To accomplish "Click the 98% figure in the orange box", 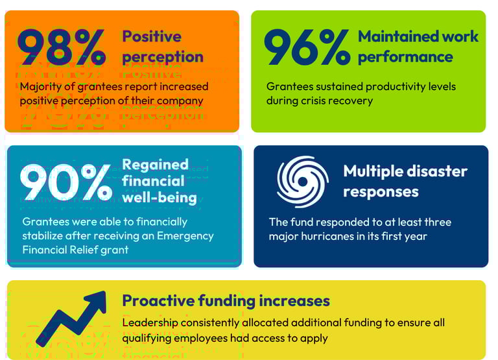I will click(x=61, y=47).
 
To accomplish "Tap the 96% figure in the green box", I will click(x=306, y=47).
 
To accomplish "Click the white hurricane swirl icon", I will click(x=302, y=182).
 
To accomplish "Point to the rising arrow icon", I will click(x=71, y=318).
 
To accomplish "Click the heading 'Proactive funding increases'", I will click(x=226, y=301).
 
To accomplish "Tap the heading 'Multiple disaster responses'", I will click(x=405, y=182).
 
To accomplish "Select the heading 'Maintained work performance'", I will click(x=418, y=47).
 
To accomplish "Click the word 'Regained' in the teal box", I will click(x=155, y=164).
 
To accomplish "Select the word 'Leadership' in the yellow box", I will click(x=150, y=322).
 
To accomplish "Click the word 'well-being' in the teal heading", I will click(x=160, y=197).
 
